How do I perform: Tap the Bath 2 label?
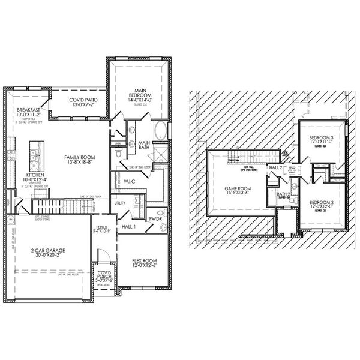point(284,194)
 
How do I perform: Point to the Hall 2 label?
point(277,167)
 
